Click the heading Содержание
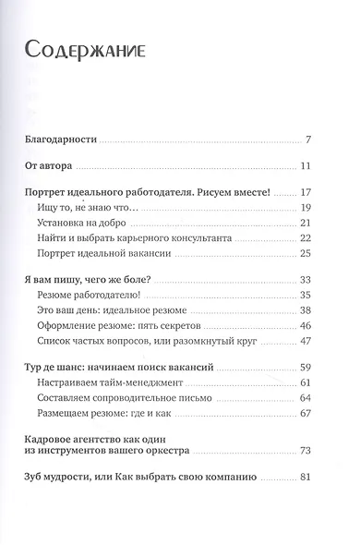[81, 49]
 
